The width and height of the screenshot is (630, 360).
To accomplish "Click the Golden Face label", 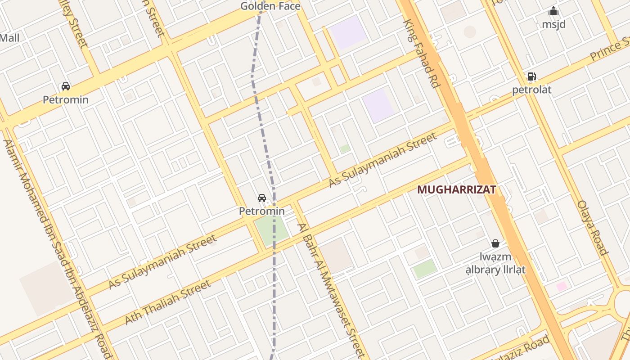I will coord(270,6).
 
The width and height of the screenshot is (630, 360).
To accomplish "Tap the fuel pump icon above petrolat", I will coord(531,76).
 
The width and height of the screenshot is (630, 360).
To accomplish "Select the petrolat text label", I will coord(531,90).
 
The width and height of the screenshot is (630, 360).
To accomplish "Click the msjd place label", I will coord(553,24).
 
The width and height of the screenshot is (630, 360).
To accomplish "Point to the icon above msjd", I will coord(553,11).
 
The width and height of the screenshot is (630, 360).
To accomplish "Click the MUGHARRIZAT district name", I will coord(456,189).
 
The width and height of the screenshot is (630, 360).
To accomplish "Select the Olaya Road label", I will coord(593,228).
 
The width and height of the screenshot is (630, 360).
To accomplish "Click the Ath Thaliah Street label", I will coord(167,302).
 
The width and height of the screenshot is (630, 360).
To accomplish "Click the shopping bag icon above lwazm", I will coord(495,243).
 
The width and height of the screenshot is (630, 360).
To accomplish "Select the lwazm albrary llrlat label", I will coord(495,263).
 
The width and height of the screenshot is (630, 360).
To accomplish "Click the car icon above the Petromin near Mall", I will coord(66,86).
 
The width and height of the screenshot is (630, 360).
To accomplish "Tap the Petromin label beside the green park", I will coord(261,211).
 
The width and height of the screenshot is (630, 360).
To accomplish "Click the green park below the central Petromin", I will coord(271,230).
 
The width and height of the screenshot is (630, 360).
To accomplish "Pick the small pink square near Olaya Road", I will coord(561,286).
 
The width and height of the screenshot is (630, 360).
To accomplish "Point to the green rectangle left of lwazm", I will coord(425,269).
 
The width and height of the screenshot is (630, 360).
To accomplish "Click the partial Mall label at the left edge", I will coord(9,38).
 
